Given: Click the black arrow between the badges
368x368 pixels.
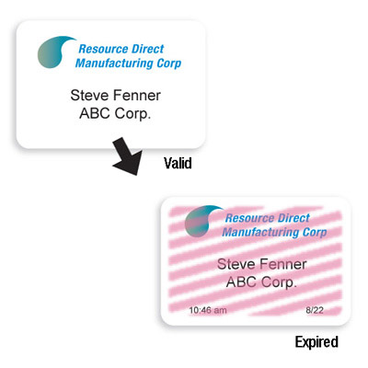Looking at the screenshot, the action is click(128, 156).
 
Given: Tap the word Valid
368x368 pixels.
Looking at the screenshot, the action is click(178, 163).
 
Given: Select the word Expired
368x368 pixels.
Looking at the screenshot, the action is click(316, 342).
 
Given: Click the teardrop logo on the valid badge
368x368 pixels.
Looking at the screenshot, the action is click(55, 52).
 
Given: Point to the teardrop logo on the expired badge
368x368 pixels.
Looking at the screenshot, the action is click(202, 221).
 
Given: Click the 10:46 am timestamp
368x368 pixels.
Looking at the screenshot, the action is click(208, 310).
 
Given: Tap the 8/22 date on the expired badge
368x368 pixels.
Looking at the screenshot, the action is click(315, 310).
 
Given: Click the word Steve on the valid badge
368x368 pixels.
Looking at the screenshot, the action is click(90, 95).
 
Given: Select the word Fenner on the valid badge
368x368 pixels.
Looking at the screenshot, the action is click(137, 95).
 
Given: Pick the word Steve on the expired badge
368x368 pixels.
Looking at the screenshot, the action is click(236, 264).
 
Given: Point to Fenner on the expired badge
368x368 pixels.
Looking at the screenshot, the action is click(283, 264).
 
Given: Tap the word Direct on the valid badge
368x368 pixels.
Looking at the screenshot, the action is click(148, 49).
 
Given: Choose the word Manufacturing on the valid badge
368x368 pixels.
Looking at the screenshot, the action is click(114, 63).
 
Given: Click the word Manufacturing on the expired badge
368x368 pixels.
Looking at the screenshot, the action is click(261, 232).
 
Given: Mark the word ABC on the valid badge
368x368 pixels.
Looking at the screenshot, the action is click(95, 113).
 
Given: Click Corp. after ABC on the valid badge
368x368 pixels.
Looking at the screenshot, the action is click(132, 114).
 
